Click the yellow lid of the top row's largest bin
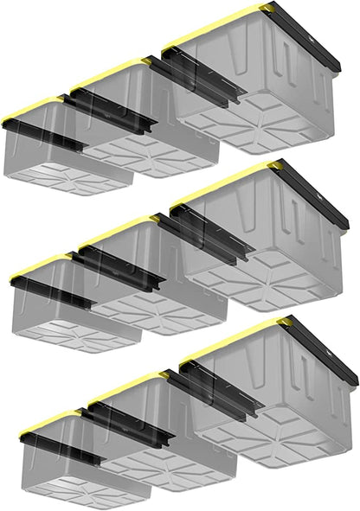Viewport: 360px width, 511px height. click(216, 26)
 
